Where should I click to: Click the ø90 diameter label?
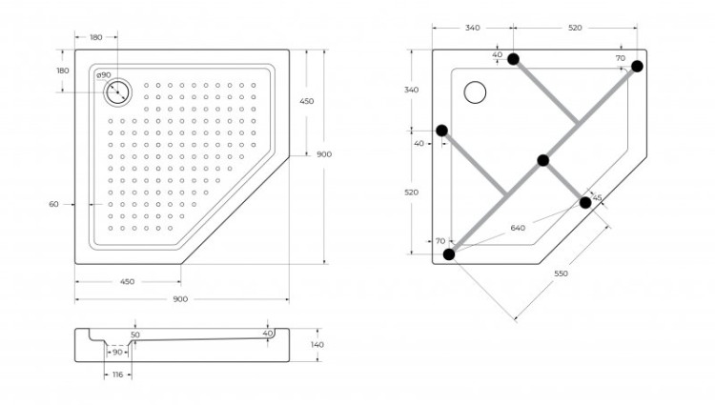(x=105, y=75)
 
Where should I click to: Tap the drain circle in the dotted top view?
(x=118, y=92)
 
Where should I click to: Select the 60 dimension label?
(x=53, y=204)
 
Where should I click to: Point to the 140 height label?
(x=317, y=344)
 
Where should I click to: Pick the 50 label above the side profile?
(x=135, y=334)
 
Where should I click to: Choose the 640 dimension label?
(x=518, y=228)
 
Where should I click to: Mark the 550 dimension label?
(x=561, y=274)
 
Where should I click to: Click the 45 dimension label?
(x=597, y=198)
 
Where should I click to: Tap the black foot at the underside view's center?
(x=542, y=160)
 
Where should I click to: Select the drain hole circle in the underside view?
(x=474, y=92)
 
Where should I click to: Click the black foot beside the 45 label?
(x=585, y=202)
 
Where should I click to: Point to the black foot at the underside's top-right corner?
(x=637, y=66)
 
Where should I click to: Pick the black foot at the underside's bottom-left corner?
(x=448, y=253)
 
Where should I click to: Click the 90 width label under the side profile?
(x=116, y=352)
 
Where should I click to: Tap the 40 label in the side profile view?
(x=267, y=334)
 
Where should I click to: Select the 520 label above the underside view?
(x=575, y=28)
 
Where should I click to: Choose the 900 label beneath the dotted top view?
(x=180, y=299)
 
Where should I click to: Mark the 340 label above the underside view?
(x=472, y=28)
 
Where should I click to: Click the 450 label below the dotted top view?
(x=128, y=281)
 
